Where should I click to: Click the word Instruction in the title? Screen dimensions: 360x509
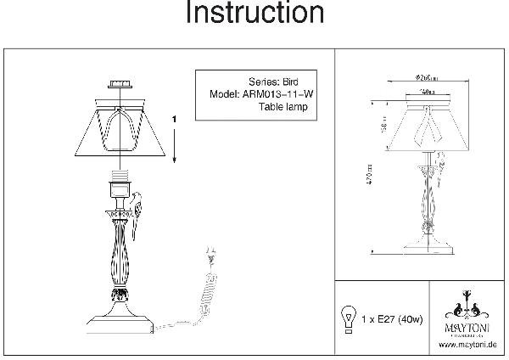254,14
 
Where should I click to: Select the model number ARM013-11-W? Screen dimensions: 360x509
277,95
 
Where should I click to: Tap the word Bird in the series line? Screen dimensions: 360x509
294,82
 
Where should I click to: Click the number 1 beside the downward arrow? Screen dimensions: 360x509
173,120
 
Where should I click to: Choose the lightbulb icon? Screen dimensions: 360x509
346,318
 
